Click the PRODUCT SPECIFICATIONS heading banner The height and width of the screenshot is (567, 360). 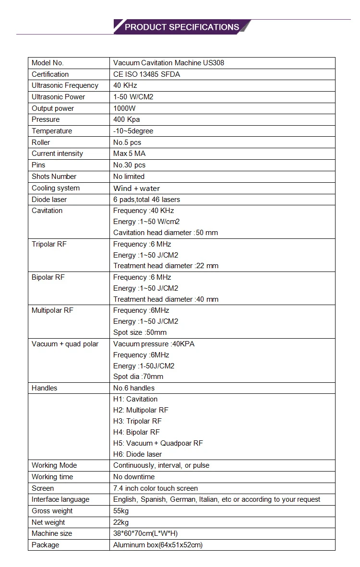[x=181, y=27]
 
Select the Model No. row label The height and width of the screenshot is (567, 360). [x=48, y=63]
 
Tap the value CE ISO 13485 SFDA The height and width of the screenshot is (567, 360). [x=147, y=74]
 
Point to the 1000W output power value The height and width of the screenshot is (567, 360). [x=124, y=108]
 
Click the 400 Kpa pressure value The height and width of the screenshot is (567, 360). [x=126, y=119]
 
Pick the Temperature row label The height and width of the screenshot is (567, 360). [x=52, y=131]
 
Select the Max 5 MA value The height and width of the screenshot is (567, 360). [x=129, y=154]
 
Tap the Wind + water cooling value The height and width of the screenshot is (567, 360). [x=136, y=188]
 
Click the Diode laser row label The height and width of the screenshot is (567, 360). [x=49, y=200]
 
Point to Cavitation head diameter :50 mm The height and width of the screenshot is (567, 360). [x=166, y=233]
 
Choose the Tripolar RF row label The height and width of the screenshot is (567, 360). [x=49, y=244]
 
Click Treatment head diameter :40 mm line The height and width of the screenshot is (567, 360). [x=166, y=299]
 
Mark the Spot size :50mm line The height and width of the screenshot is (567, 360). [x=140, y=332]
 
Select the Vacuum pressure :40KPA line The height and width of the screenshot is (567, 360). [x=154, y=344]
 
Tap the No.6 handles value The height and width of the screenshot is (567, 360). [x=134, y=388]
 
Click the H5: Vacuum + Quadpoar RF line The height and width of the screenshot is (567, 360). [x=158, y=443]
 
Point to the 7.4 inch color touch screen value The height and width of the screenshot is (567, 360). [x=156, y=488]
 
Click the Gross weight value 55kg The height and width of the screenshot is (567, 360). [x=121, y=511]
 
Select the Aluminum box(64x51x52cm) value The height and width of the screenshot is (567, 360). [x=158, y=545]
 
